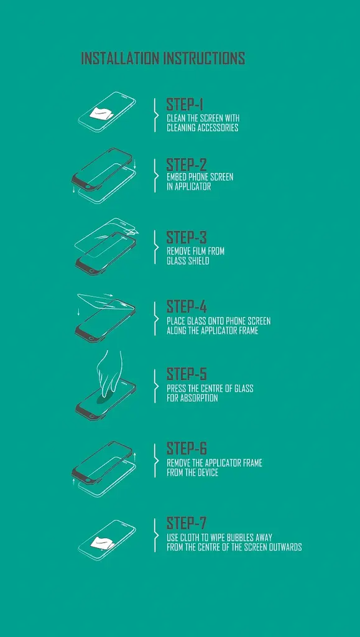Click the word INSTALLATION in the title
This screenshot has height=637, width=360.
click(x=120, y=58)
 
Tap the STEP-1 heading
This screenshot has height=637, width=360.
click(x=185, y=105)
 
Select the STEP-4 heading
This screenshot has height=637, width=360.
click(x=187, y=307)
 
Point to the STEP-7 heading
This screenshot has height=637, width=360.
click(x=187, y=523)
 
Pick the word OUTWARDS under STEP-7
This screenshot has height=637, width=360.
click(x=284, y=547)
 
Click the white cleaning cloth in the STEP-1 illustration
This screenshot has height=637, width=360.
click(x=99, y=113)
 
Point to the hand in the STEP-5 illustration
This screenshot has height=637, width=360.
click(x=109, y=373)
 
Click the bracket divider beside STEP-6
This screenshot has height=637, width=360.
click(x=155, y=460)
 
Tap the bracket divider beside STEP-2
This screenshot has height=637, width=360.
click(x=155, y=175)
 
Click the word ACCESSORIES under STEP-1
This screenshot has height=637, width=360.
click(x=218, y=128)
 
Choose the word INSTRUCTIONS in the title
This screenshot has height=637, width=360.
click(x=204, y=58)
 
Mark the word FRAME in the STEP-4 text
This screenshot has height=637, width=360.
click(x=248, y=331)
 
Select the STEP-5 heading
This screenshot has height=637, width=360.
click(x=187, y=374)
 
